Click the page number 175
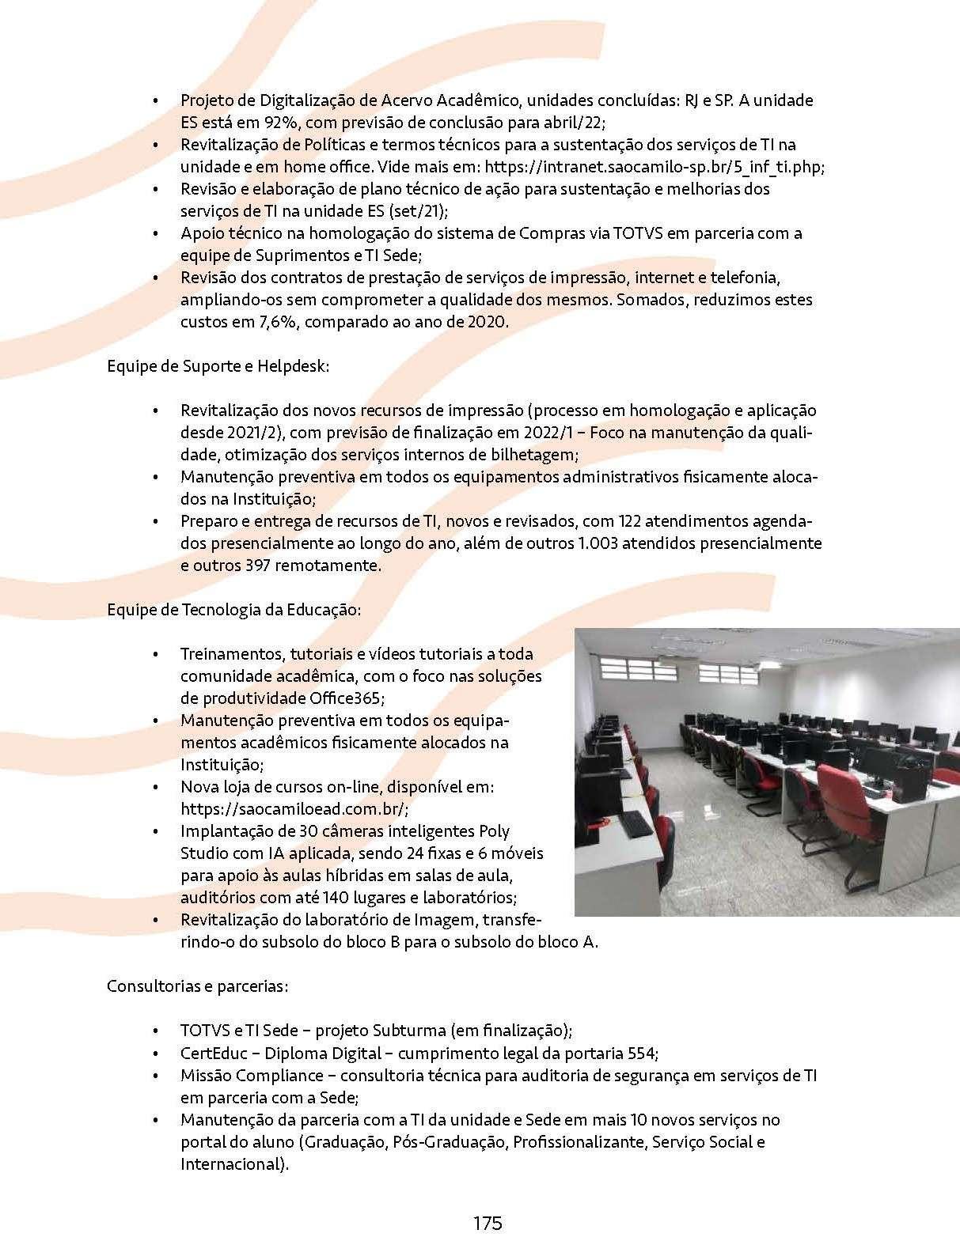tap(488, 1223)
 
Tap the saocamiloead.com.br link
tap(294, 809)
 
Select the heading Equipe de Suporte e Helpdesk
tap(218, 366)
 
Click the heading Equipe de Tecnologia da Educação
tap(233, 610)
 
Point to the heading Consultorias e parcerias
tap(197, 986)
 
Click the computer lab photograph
tap(766, 772)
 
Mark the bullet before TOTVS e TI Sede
tap(157, 1031)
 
